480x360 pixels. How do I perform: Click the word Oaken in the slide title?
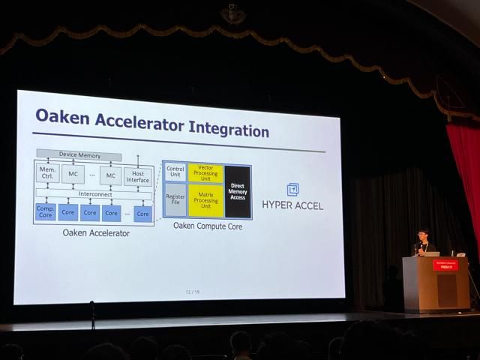pos(63,116)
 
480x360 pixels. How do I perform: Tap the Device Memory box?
pos(79,154)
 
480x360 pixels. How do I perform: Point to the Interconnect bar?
pos(95,193)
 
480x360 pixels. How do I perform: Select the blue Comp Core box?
pos(46,212)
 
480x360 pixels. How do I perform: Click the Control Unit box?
pos(175,172)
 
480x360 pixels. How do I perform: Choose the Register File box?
pos(175,199)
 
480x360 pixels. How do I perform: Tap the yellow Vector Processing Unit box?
pos(205,172)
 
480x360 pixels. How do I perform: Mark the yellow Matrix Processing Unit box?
pos(205,200)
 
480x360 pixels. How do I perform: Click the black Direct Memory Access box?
pos(238,191)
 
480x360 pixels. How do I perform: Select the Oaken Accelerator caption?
pos(96,232)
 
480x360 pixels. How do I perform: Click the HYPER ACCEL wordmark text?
pos(292,205)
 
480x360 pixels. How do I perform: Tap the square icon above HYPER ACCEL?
pos(292,189)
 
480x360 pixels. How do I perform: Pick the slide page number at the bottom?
pos(192,291)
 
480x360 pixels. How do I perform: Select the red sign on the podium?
pos(443,265)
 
